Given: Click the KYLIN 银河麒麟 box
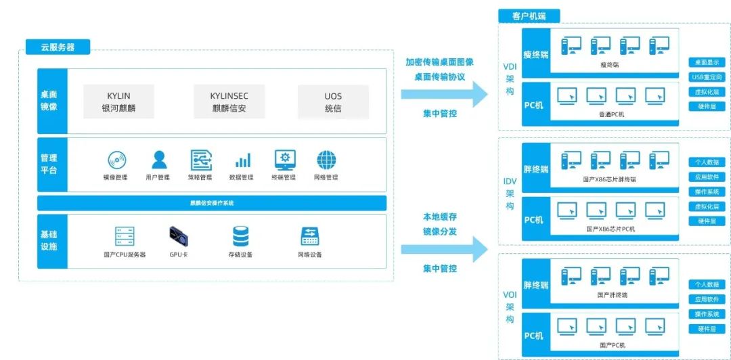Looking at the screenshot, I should click(x=118, y=102).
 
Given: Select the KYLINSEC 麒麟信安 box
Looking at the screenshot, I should click(x=229, y=102).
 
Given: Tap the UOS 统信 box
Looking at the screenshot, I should click(x=333, y=102).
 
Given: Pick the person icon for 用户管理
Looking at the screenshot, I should click(x=159, y=160).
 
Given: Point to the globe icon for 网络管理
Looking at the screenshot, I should click(x=326, y=160).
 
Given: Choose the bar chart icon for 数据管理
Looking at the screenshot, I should click(x=242, y=160).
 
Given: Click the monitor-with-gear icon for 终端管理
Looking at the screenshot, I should click(x=285, y=160).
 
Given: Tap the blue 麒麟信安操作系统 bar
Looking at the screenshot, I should click(x=212, y=203).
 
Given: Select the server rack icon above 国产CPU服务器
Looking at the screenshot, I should click(x=125, y=236).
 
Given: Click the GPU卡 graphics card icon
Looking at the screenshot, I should click(x=179, y=236).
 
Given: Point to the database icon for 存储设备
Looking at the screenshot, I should click(x=240, y=236).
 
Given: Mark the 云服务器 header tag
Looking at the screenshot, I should click(x=58, y=47).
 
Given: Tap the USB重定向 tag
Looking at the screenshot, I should click(x=707, y=77).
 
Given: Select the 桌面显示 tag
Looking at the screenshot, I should click(x=707, y=62).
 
